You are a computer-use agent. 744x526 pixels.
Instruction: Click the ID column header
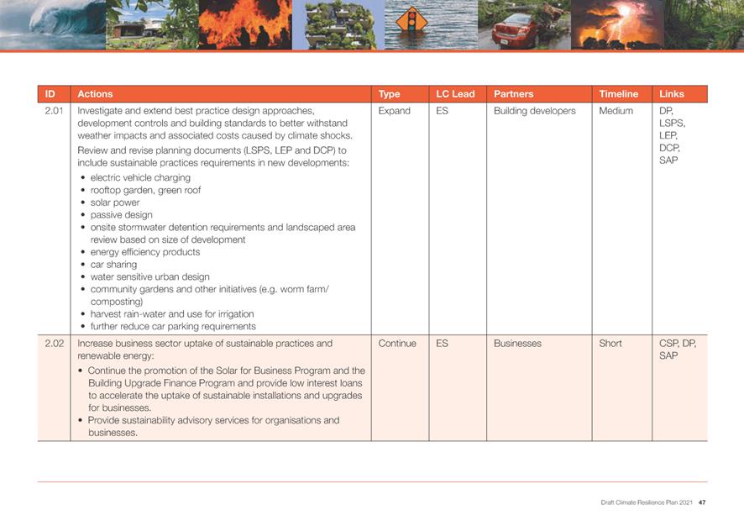tap(50, 94)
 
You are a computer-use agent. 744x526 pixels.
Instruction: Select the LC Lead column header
tap(455, 94)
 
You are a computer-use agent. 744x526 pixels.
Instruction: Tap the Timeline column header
tap(618, 94)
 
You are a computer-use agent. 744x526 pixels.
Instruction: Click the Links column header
tap(672, 94)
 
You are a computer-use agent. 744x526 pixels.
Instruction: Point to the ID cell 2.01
tap(54, 111)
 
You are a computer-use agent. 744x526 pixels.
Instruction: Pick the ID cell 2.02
tap(54, 344)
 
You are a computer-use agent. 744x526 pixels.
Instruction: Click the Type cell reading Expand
tap(394, 111)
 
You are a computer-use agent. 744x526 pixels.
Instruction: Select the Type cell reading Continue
tap(397, 344)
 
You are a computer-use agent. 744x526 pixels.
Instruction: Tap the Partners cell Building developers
tap(534, 111)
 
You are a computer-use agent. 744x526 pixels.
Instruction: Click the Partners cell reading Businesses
tap(517, 344)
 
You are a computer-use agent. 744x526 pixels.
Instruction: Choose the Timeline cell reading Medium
tap(616, 111)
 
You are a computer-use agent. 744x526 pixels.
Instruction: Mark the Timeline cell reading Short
tap(610, 344)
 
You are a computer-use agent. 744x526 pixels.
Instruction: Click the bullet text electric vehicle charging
tap(140, 178)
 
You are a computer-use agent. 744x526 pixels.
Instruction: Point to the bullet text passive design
tap(121, 215)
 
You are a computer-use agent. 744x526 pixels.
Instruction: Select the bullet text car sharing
tap(113, 265)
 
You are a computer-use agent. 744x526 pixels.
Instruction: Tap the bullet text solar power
tap(115, 203)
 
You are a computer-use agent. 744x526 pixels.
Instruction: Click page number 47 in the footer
tap(701, 502)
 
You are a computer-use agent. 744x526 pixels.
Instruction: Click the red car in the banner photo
tap(513, 31)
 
